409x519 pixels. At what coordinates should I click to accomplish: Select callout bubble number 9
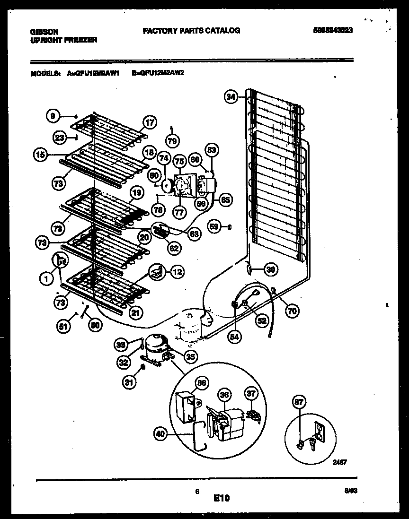tap(53, 115)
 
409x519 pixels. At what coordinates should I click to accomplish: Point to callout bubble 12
tap(177, 272)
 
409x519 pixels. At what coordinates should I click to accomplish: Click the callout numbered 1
tap(46, 279)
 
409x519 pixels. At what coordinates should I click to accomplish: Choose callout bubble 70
tap(292, 311)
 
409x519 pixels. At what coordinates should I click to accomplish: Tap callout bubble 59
tap(215, 227)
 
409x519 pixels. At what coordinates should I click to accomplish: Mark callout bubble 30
tap(270, 270)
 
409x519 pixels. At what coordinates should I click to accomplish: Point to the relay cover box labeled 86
tap(187, 406)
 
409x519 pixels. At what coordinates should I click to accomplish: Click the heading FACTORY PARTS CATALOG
tap(191, 31)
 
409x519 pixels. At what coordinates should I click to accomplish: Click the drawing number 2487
tap(340, 463)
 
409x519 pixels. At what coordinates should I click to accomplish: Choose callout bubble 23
tap(59, 137)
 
